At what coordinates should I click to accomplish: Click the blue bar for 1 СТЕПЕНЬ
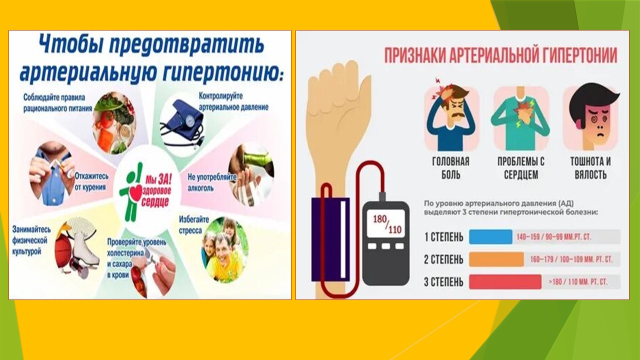(490, 237)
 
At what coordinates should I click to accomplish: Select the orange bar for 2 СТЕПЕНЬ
(496, 259)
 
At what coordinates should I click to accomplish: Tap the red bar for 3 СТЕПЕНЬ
(505, 281)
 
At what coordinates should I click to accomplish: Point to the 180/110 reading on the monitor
(387, 224)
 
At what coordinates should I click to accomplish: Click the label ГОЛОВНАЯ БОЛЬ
(450, 167)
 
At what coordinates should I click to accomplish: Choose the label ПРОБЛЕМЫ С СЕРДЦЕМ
(521, 167)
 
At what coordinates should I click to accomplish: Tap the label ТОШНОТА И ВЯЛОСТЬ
(590, 167)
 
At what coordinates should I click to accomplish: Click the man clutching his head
(451, 116)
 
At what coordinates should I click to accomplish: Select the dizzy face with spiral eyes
(591, 116)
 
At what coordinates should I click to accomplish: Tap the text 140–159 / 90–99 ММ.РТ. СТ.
(553, 237)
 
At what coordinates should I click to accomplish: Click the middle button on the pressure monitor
(385, 246)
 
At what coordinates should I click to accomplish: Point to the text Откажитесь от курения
(91, 181)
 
